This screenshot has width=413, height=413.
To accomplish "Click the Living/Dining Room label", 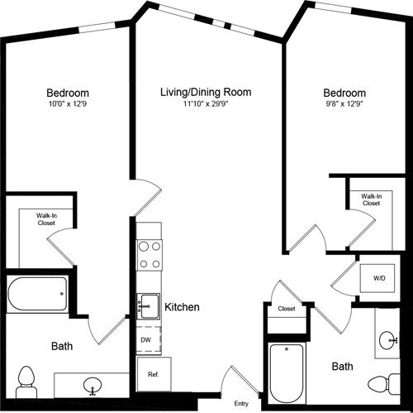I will click(206, 92).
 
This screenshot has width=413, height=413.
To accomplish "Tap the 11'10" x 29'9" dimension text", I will click(206, 105).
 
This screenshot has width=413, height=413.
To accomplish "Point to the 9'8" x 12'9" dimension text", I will click(344, 105).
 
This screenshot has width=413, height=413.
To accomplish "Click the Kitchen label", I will click(182, 307).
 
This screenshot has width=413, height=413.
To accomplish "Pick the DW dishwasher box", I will click(146, 339).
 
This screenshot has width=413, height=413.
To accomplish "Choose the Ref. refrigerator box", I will click(153, 374).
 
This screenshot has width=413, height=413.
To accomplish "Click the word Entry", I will click(241, 403).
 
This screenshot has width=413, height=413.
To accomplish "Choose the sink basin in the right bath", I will click(388, 339).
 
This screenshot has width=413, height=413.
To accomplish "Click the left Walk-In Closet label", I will click(45, 219).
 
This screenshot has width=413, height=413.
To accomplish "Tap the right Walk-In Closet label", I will click(371, 199).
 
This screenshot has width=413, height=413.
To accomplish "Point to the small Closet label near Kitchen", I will click(287, 309).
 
